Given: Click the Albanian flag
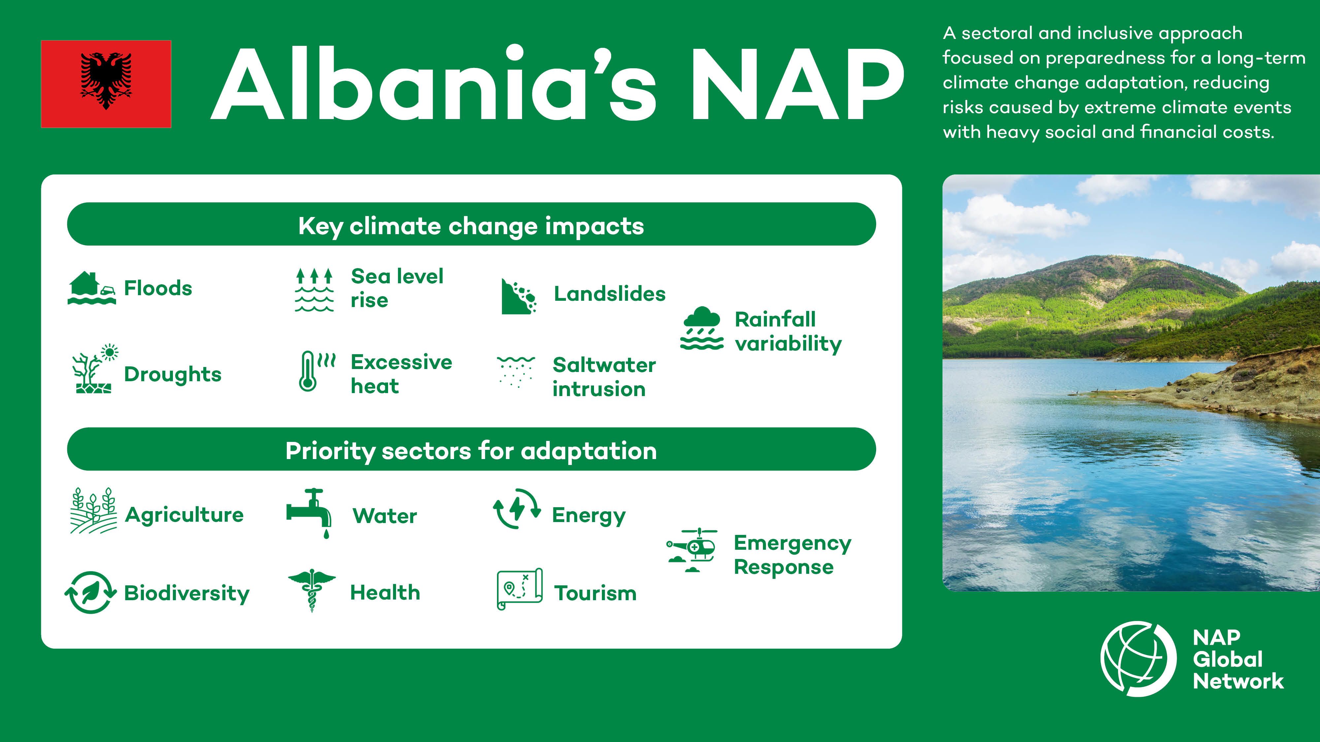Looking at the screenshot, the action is pyautogui.click(x=106, y=84).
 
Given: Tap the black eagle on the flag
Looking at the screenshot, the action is pyautogui.click(x=106, y=80).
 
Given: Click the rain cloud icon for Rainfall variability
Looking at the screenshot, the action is pyautogui.click(x=702, y=328).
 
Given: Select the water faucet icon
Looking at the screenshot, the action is pyautogui.click(x=309, y=512).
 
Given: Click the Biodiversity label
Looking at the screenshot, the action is pyautogui.click(x=186, y=593).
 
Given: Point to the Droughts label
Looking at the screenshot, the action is pyautogui.click(x=173, y=374).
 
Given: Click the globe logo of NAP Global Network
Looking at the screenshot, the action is pyautogui.click(x=1138, y=659).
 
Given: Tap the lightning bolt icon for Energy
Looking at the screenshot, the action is pyautogui.click(x=516, y=509).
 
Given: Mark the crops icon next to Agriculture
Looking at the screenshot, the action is pyautogui.click(x=93, y=511).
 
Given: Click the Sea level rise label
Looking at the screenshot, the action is pyautogui.click(x=397, y=288).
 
